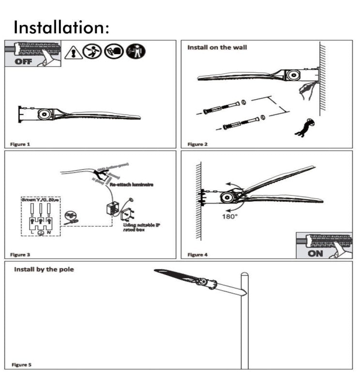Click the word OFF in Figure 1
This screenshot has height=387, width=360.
pyautogui.click(x=24, y=61)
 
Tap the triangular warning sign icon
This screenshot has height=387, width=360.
pyautogui.click(x=72, y=52)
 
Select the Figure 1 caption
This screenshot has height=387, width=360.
pyautogui.click(x=20, y=144)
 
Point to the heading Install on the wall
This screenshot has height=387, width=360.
pyautogui.click(x=217, y=47)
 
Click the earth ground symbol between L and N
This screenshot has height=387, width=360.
pyautogui.click(x=41, y=232)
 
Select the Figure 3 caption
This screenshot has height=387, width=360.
pyautogui.click(x=20, y=254)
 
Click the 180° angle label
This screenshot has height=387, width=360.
pyautogui.click(x=230, y=216)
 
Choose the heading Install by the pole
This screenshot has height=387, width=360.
pyautogui.click(x=44, y=269)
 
